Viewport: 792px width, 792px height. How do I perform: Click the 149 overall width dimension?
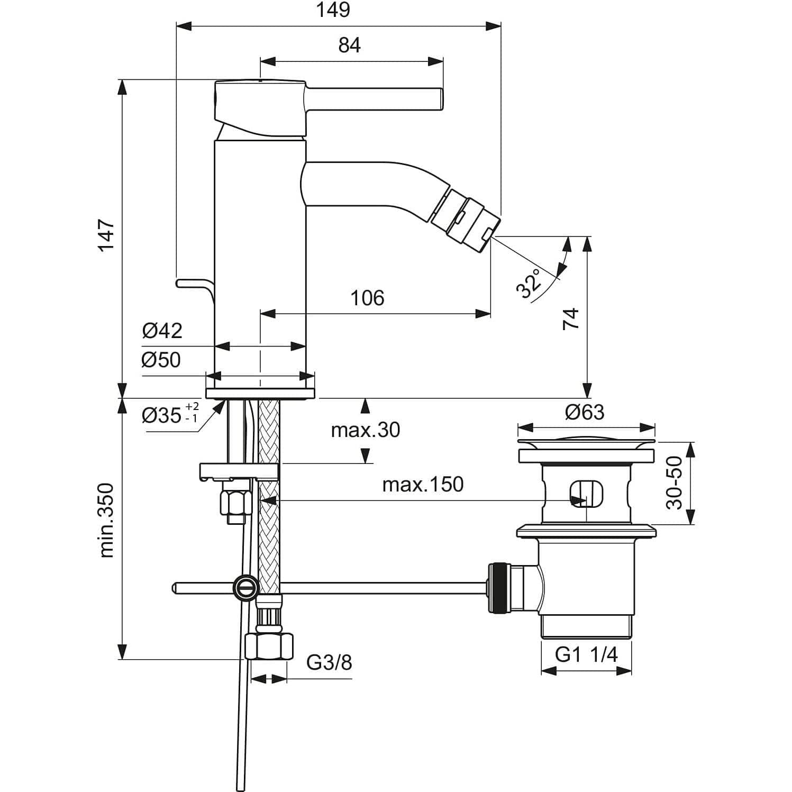[334, 10]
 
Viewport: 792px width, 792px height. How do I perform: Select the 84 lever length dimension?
[349, 45]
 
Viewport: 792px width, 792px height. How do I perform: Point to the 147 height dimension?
[106, 235]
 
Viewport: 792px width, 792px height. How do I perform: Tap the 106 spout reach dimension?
[367, 298]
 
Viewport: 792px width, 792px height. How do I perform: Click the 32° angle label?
[530, 283]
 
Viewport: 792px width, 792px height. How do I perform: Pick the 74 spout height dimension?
[571, 319]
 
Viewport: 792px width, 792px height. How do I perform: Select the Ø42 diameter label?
[162, 331]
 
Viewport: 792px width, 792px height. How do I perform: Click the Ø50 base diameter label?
[161, 360]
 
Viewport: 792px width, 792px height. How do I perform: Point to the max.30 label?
[365, 430]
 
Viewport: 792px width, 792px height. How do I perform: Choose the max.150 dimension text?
[423, 484]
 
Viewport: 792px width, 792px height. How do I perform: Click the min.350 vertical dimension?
[106, 521]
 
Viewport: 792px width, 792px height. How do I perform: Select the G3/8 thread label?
[329, 662]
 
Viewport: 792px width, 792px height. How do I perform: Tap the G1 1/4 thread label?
[586, 655]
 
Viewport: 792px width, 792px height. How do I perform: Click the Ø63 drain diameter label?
[584, 412]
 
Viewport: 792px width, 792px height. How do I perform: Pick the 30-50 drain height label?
[675, 483]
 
